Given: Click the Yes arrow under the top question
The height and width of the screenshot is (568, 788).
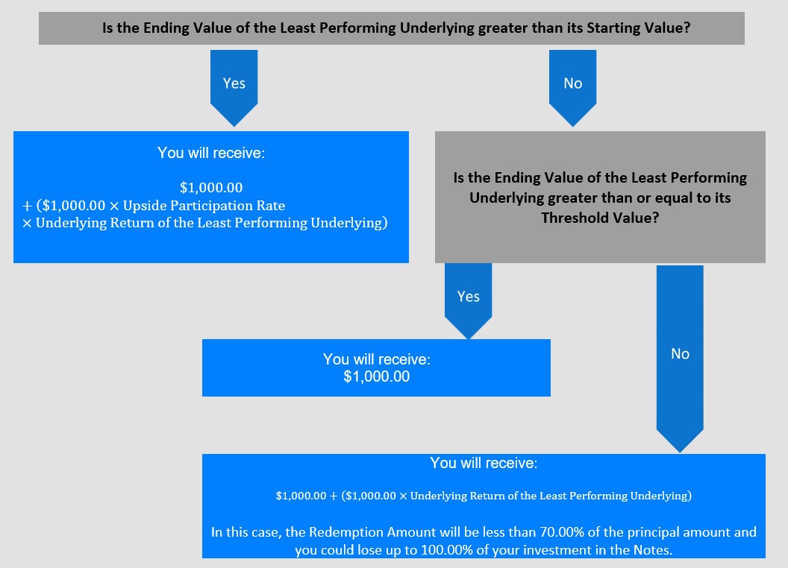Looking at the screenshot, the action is (234, 87).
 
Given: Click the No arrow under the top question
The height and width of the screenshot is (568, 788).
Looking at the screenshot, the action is (572, 87).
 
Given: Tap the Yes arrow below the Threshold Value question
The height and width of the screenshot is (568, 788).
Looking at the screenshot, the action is (468, 300).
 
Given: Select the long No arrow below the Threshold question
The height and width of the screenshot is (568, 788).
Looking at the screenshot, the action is (680, 359).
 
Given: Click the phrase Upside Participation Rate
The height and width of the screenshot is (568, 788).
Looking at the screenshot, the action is (204, 206).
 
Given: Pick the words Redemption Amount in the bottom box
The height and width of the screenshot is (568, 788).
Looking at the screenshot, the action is (372, 531).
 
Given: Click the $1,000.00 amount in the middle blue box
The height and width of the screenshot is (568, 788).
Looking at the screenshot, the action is (376, 376).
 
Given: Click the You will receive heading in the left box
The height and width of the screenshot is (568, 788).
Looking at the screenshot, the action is (211, 153).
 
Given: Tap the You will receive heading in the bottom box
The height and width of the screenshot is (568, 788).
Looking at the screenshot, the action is (484, 463).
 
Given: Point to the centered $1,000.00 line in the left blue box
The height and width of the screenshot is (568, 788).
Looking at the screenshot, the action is (211, 187).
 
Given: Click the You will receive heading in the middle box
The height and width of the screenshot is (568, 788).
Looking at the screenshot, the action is (376, 359).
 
